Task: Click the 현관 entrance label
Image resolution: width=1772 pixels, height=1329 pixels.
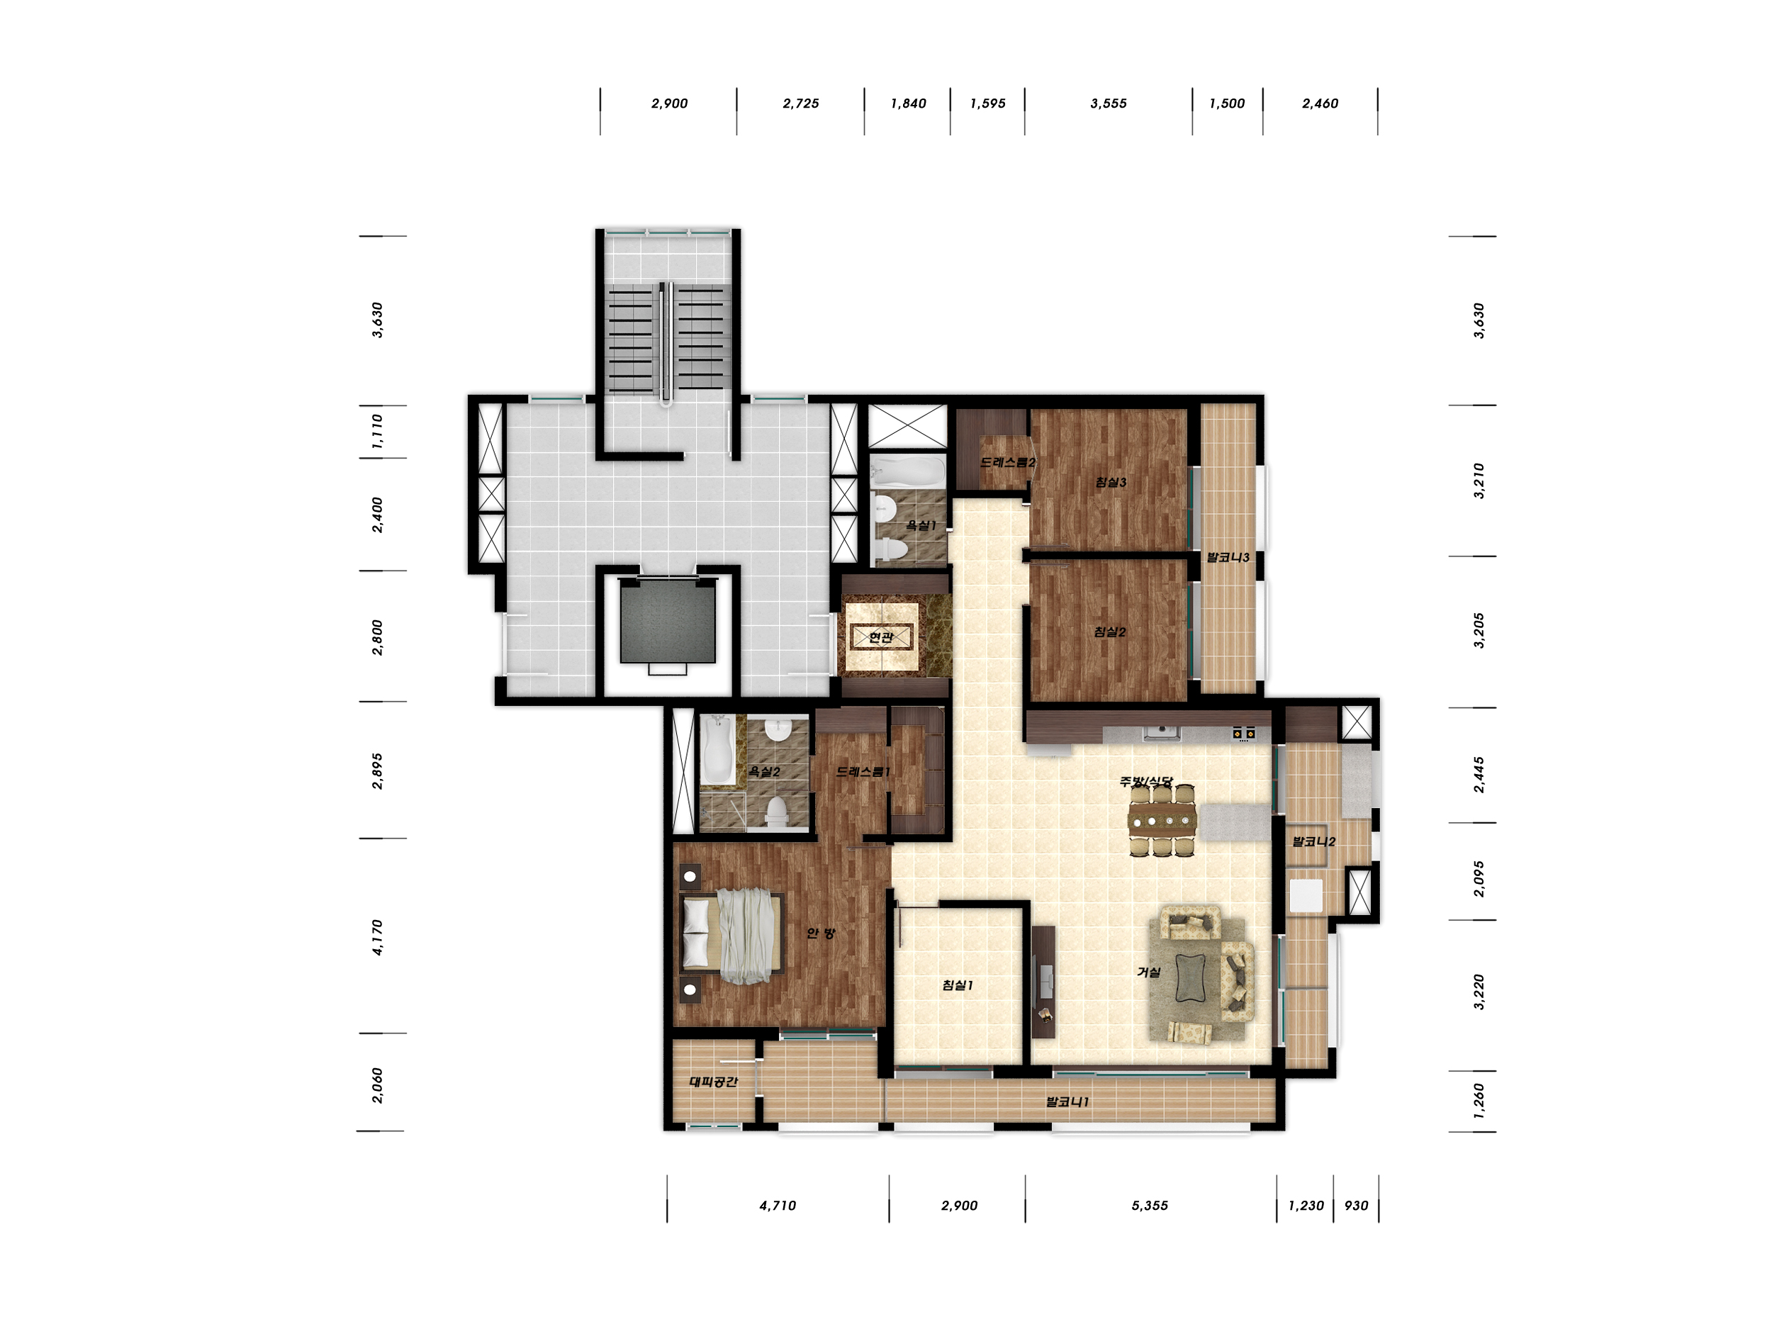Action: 880,638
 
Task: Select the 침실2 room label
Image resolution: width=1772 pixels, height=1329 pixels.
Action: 1110,632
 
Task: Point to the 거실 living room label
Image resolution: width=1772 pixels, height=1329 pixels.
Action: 1149,972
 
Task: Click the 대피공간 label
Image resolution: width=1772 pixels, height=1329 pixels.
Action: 713,1082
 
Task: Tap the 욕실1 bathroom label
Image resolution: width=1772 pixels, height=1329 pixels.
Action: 921,525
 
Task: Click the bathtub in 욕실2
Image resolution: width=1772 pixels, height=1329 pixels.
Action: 717,750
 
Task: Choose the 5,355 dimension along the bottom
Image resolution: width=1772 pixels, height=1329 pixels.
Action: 1150,1206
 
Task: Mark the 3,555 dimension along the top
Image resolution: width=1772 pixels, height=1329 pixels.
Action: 1109,103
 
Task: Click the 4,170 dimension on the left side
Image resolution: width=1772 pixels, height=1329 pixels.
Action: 377,937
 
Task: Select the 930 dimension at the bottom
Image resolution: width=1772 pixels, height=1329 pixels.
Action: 1356,1206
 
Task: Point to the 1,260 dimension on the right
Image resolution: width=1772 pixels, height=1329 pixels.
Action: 1479,1101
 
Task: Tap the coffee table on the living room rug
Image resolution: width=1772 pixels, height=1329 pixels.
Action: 1190,978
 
